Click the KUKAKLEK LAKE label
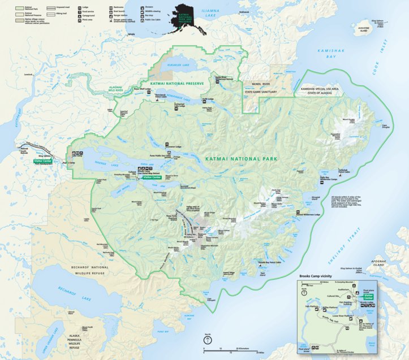pyautogui.click(x=175, y=66)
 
